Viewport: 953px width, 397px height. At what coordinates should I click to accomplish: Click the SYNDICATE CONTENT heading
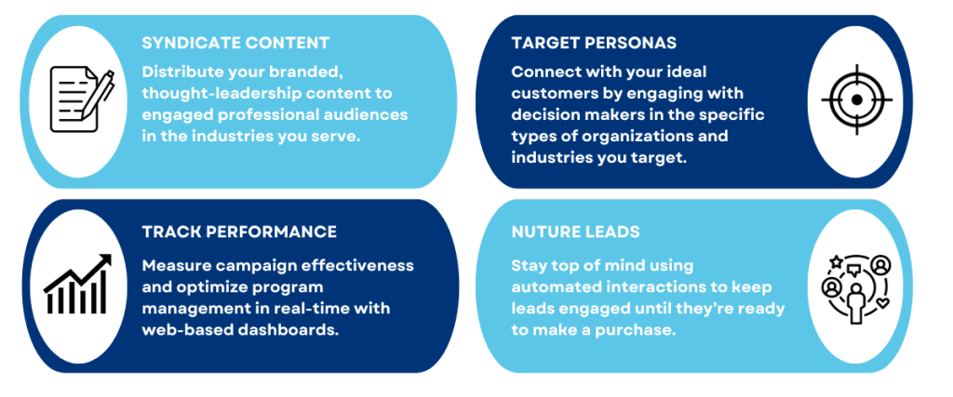[x=235, y=43]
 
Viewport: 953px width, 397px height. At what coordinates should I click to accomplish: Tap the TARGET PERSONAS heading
[x=594, y=43]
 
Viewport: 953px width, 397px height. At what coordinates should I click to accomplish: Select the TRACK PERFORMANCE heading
[x=239, y=232]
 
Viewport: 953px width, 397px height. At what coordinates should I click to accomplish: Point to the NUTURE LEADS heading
[x=575, y=232]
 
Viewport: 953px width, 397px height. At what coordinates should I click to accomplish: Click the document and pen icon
[x=82, y=99]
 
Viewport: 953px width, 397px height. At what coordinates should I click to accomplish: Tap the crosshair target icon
[x=857, y=99]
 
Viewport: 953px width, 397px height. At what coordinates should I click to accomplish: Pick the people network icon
[x=856, y=288]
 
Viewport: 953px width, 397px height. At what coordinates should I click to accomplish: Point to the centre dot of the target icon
[x=857, y=99]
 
